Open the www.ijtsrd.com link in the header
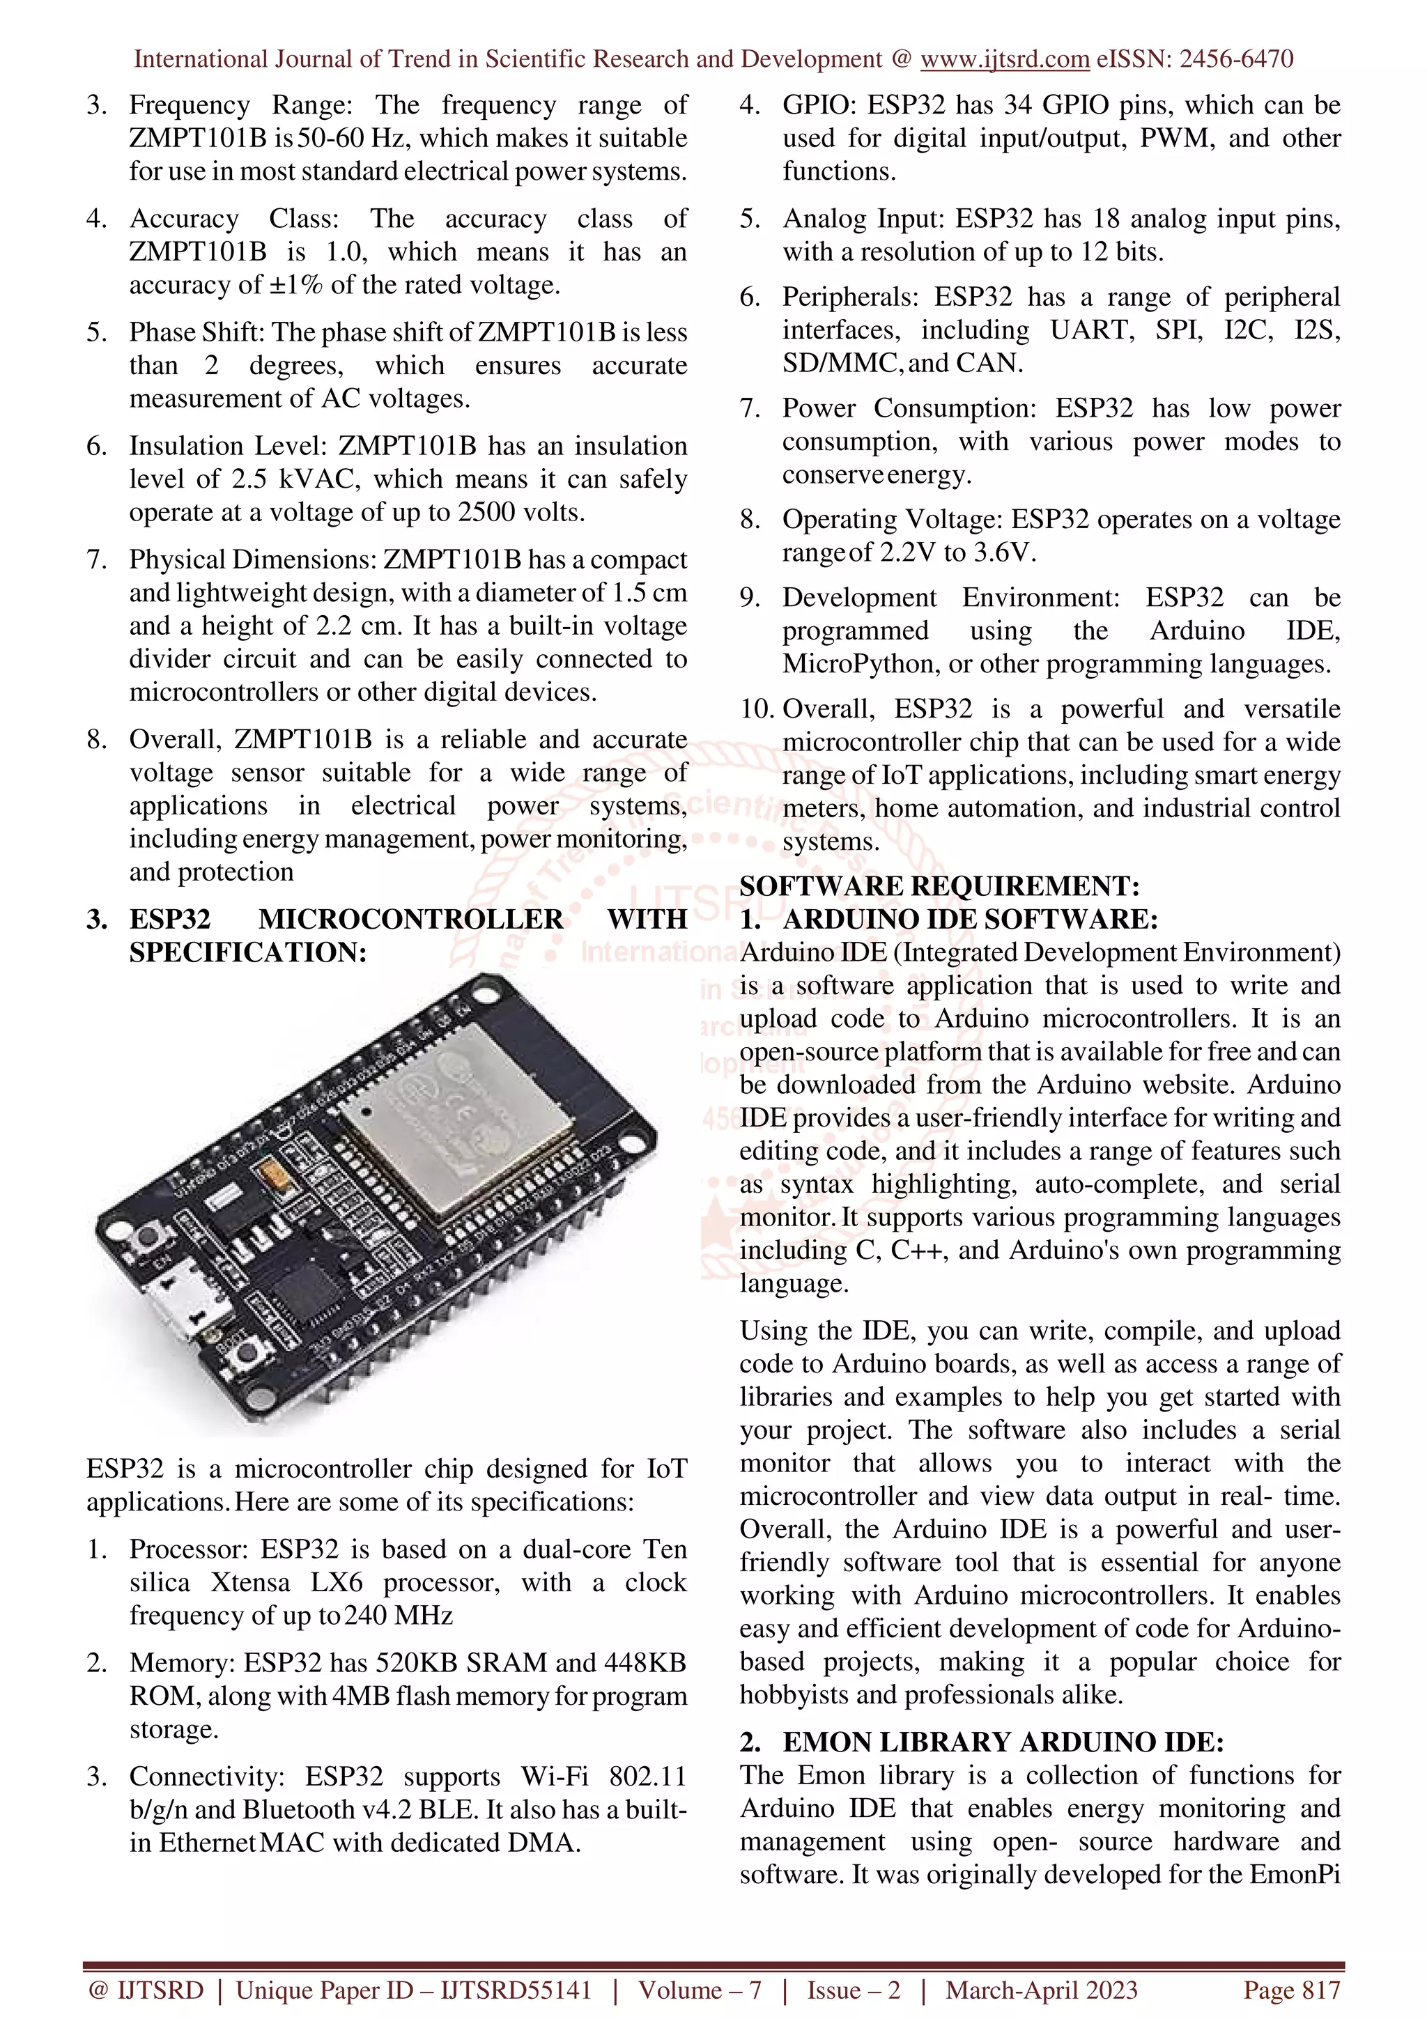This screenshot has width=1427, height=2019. [x=1005, y=59]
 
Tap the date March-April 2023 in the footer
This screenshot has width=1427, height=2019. [x=1041, y=1990]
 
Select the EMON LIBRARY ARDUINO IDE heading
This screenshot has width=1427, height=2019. [x=1003, y=1742]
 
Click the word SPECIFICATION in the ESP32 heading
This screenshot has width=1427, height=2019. [x=247, y=952]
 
